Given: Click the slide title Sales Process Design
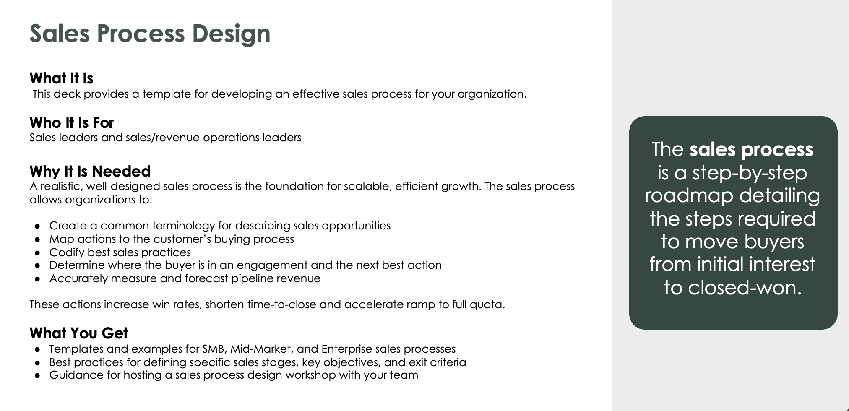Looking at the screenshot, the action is [150, 34].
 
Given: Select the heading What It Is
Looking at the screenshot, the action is [61, 78].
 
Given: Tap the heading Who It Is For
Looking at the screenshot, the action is [72, 122].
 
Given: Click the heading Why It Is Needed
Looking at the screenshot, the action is [90, 171].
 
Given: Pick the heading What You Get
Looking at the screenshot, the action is [79, 333].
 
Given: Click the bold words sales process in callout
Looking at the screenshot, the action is [751, 149].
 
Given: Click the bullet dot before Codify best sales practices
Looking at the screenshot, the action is [38, 253].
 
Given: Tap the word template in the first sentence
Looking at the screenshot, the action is [167, 94].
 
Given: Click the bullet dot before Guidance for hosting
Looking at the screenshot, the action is [38, 375].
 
